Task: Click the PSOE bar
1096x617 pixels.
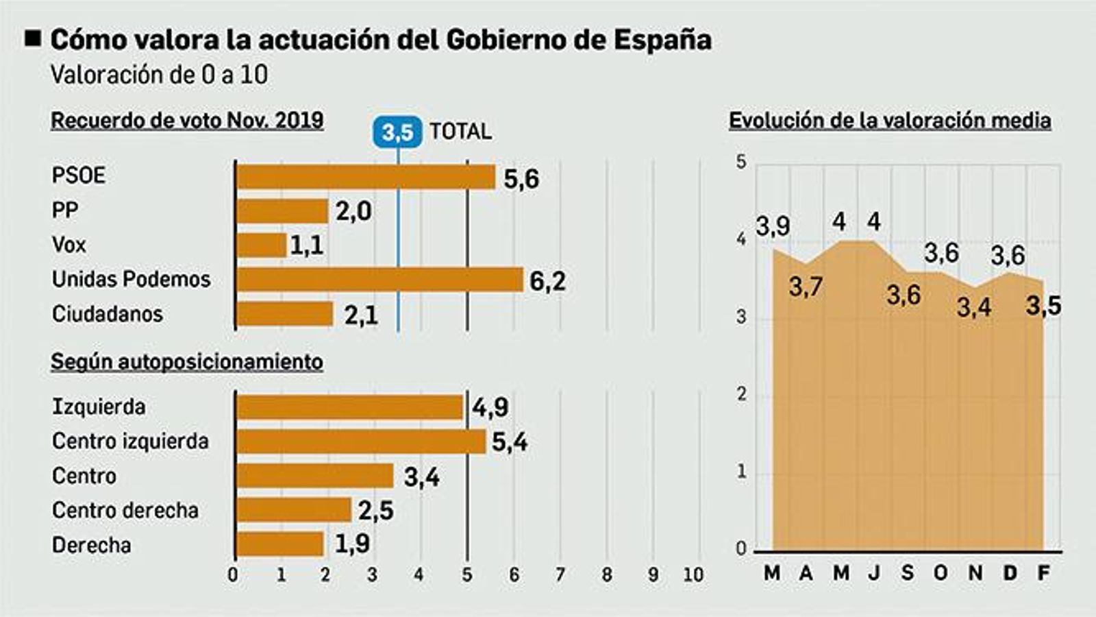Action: [365, 177]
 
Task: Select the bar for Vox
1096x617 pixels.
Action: [261, 245]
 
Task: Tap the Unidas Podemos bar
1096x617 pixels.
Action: [379, 280]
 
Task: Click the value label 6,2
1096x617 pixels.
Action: [547, 281]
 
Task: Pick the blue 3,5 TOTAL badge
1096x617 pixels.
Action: [397, 132]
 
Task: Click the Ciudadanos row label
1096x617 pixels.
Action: [108, 314]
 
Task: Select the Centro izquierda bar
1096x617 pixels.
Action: [360, 441]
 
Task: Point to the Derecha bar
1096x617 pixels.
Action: [279, 544]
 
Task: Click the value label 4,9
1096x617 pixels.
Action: [490, 407]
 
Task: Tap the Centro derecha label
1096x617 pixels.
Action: [125, 510]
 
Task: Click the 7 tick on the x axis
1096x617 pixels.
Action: [560, 574]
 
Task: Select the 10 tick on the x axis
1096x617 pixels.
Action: [693, 574]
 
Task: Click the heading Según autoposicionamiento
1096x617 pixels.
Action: [187, 361]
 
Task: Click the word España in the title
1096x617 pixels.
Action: [662, 40]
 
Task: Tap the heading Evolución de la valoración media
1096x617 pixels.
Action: [890, 121]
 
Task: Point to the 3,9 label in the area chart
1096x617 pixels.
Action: [773, 226]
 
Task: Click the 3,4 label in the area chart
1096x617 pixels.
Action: [974, 307]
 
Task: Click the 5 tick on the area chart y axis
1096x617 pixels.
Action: [741, 162]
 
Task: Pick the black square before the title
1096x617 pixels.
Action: [33, 38]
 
